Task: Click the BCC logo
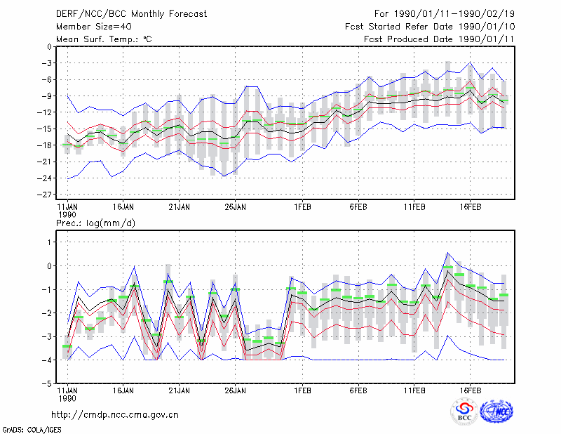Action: point(464,412)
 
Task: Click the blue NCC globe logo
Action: point(496,412)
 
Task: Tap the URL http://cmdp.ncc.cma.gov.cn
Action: point(115,415)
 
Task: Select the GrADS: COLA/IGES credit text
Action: point(32,430)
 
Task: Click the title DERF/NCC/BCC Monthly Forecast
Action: point(131,14)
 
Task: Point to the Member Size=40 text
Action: point(94,27)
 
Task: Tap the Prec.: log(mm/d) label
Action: point(95,223)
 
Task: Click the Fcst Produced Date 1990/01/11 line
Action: point(439,39)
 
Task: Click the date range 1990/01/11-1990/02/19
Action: point(454,14)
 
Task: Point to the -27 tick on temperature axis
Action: point(45,195)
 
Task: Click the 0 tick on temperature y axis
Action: point(49,46)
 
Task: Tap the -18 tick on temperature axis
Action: point(45,145)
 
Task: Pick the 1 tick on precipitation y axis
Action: point(49,242)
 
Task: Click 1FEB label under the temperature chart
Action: point(303,206)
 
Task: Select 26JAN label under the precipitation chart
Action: point(235,390)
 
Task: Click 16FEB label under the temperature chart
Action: point(470,206)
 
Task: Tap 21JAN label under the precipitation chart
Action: point(180,390)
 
